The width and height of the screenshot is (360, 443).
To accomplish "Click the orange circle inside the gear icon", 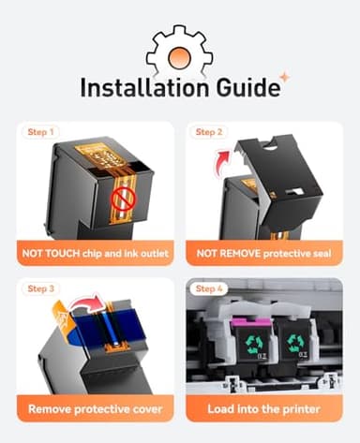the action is click(x=179, y=57).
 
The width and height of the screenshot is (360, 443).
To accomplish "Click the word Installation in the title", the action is click(x=145, y=87).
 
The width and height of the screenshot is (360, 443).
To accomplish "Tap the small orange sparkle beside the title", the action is click(x=284, y=77).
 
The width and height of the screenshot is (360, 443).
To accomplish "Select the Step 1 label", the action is click(x=41, y=132).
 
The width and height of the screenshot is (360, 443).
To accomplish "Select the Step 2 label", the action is click(x=209, y=132).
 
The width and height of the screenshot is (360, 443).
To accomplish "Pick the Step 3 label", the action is click(x=41, y=288).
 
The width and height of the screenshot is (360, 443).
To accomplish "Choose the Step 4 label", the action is click(x=209, y=288).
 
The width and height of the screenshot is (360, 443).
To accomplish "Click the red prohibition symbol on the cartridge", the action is click(x=124, y=199).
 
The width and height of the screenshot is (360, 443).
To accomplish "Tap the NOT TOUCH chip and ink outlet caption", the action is click(x=96, y=253).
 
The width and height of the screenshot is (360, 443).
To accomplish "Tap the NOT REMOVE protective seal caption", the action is click(x=263, y=253).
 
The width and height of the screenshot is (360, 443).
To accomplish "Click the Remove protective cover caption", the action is click(x=96, y=409).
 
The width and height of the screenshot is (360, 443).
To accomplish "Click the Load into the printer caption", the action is click(x=263, y=409).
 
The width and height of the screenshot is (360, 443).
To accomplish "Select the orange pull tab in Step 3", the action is click(x=64, y=317).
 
